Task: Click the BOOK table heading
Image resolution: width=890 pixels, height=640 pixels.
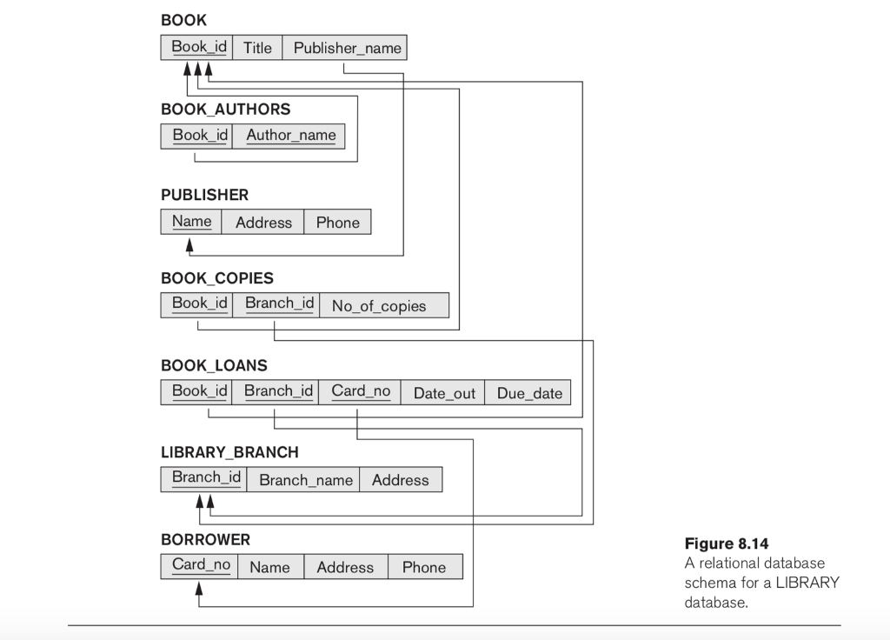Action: coord(183,19)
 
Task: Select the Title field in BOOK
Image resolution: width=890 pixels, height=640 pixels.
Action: coord(257,48)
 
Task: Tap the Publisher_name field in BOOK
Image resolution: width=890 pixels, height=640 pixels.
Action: coord(347,48)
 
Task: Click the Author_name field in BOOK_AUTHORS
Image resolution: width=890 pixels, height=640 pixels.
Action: coord(290,136)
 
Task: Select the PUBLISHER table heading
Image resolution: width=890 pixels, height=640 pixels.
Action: coord(204,195)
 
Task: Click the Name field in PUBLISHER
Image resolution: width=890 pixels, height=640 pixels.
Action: coord(191,222)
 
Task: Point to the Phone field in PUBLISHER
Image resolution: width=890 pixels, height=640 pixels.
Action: coord(337,223)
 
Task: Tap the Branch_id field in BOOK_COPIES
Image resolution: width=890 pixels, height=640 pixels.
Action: coord(278,303)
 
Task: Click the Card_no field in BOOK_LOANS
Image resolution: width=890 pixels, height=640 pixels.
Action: coord(361,391)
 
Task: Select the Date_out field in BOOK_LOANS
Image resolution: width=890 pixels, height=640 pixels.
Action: coord(444,393)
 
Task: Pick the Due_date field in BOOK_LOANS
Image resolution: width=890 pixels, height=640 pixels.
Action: coord(529,393)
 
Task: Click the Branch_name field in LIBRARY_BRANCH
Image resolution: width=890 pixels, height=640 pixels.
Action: coord(306,480)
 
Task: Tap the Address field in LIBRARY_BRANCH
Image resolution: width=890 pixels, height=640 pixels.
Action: coord(400,480)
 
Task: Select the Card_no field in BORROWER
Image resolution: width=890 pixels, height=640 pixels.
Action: coord(201,565)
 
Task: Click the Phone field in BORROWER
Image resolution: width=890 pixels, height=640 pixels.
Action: coord(424,568)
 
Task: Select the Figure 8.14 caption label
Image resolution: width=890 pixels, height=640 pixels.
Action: coord(727,544)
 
